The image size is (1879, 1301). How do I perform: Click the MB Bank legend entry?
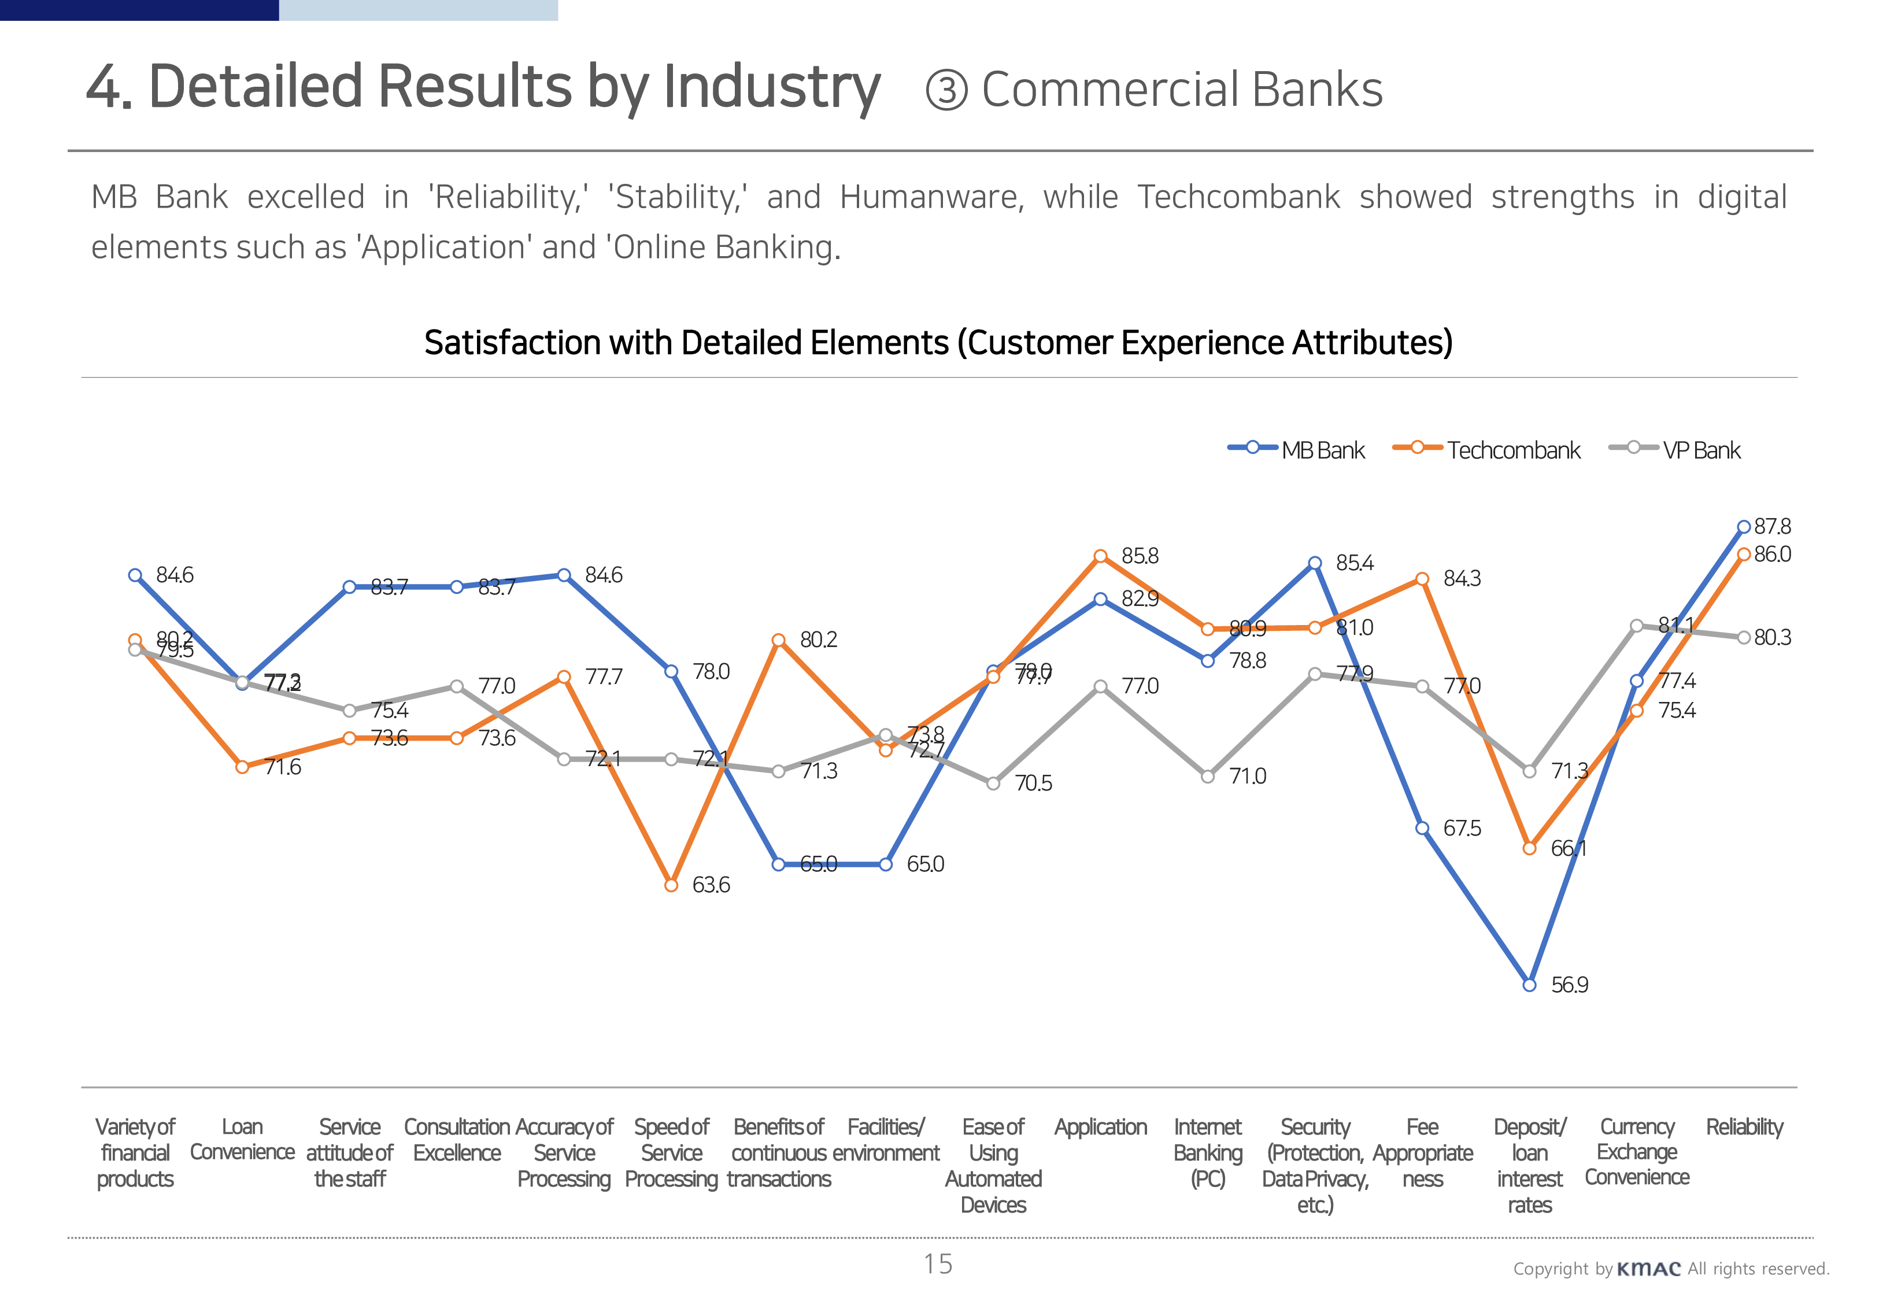click(x=1296, y=450)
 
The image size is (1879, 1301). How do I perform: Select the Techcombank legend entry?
click(x=1486, y=450)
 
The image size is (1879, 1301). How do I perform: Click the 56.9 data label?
click(x=1569, y=985)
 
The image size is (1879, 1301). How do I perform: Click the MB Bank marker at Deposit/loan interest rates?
click(x=1529, y=985)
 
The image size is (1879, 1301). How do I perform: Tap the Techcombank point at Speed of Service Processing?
click(x=671, y=885)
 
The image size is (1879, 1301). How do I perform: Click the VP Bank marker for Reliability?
click(x=1744, y=637)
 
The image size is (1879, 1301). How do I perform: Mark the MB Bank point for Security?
click(x=1314, y=563)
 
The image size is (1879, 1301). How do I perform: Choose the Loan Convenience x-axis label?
click(x=242, y=1140)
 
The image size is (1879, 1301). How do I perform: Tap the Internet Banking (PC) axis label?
click(x=1208, y=1152)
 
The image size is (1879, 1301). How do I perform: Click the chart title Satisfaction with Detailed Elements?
click(x=938, y=342)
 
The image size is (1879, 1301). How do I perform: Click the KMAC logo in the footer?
click(x=1648, y=1269)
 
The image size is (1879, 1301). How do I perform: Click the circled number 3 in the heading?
click(x=946, y=90)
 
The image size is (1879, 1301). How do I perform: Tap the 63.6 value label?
click(x=711, y=885)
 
